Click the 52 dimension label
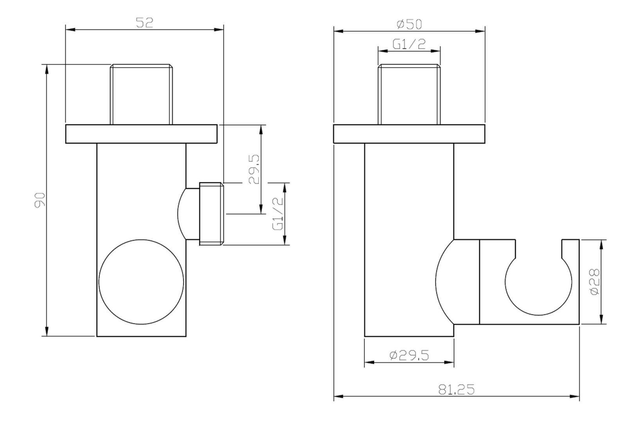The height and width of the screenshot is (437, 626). click(x=144, y=23)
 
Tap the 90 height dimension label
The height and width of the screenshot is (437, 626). click(x=40, y=200)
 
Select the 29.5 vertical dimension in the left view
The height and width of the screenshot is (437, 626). click(x=254, y=169)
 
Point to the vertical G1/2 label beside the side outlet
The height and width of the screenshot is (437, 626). click(x=278, y=213)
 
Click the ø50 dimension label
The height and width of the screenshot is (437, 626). click(x=409, y=24)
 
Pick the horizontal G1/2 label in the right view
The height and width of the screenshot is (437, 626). click(x=409, y=44)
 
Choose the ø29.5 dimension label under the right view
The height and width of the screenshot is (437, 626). click(x=409, y=355)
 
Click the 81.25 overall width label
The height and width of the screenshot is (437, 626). click(x=456, y=390)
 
